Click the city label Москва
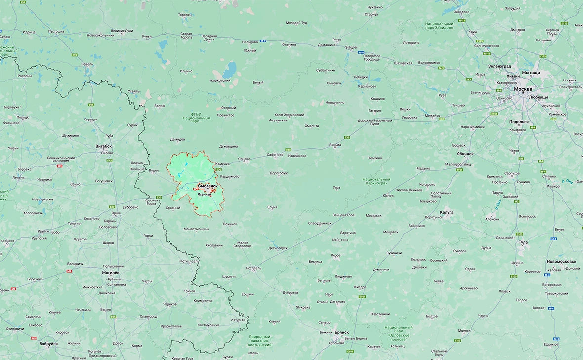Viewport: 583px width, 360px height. click(523, 89)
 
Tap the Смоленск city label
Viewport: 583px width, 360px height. click(208, 186)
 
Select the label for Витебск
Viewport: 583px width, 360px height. click(103, 146)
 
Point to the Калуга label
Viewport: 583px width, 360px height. click(447, 212)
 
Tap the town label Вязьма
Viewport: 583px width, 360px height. click(335, 145)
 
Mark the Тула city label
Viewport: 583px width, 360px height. click(523, 242)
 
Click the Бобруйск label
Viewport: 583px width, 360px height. click(48, 344)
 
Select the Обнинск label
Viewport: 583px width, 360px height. click(465, 154)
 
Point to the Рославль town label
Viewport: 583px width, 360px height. click(253, 268)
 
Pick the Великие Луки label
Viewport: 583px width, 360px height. click(122, 31)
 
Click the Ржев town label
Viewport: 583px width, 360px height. click(337, 40)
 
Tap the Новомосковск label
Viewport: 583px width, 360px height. click(561, 261)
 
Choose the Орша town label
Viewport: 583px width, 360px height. click(116, 213)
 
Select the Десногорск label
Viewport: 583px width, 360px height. click(278, 248)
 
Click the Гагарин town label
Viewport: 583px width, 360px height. click(375, 111)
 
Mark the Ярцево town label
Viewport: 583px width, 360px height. click(244, 159)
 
